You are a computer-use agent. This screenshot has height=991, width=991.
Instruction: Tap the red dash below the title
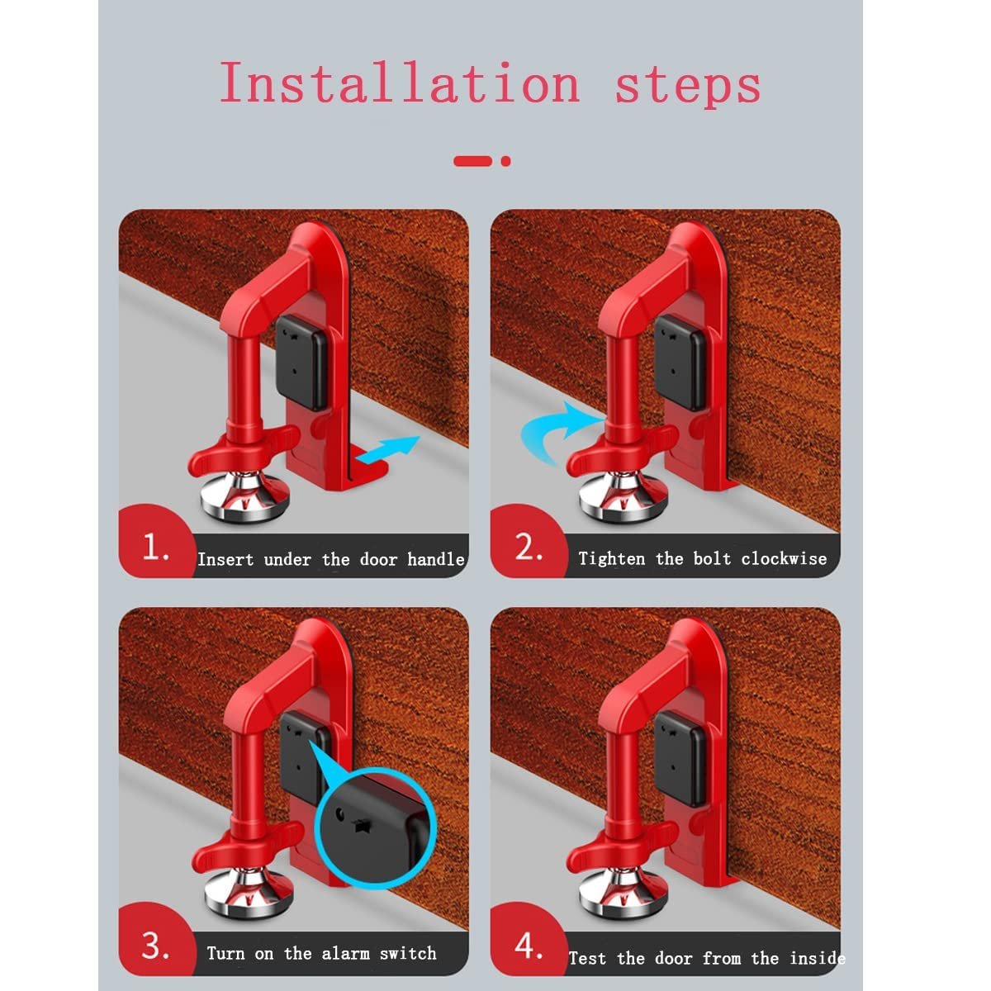click(473, 161)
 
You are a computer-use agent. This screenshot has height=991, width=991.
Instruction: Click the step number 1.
click(155, 547)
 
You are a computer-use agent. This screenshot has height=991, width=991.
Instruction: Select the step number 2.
click(529, 547)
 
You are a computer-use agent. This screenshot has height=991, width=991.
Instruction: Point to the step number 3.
click(155, 946)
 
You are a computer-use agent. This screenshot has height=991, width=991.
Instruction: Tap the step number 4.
click(529, 946)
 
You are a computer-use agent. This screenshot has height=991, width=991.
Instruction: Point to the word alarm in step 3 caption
click(346, 953)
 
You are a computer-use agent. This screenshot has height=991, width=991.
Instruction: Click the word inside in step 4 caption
click(817, 958)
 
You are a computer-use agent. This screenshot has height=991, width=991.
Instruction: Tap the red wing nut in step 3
click(241, 856)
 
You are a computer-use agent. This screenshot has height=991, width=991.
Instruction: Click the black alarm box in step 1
click(301, 362)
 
